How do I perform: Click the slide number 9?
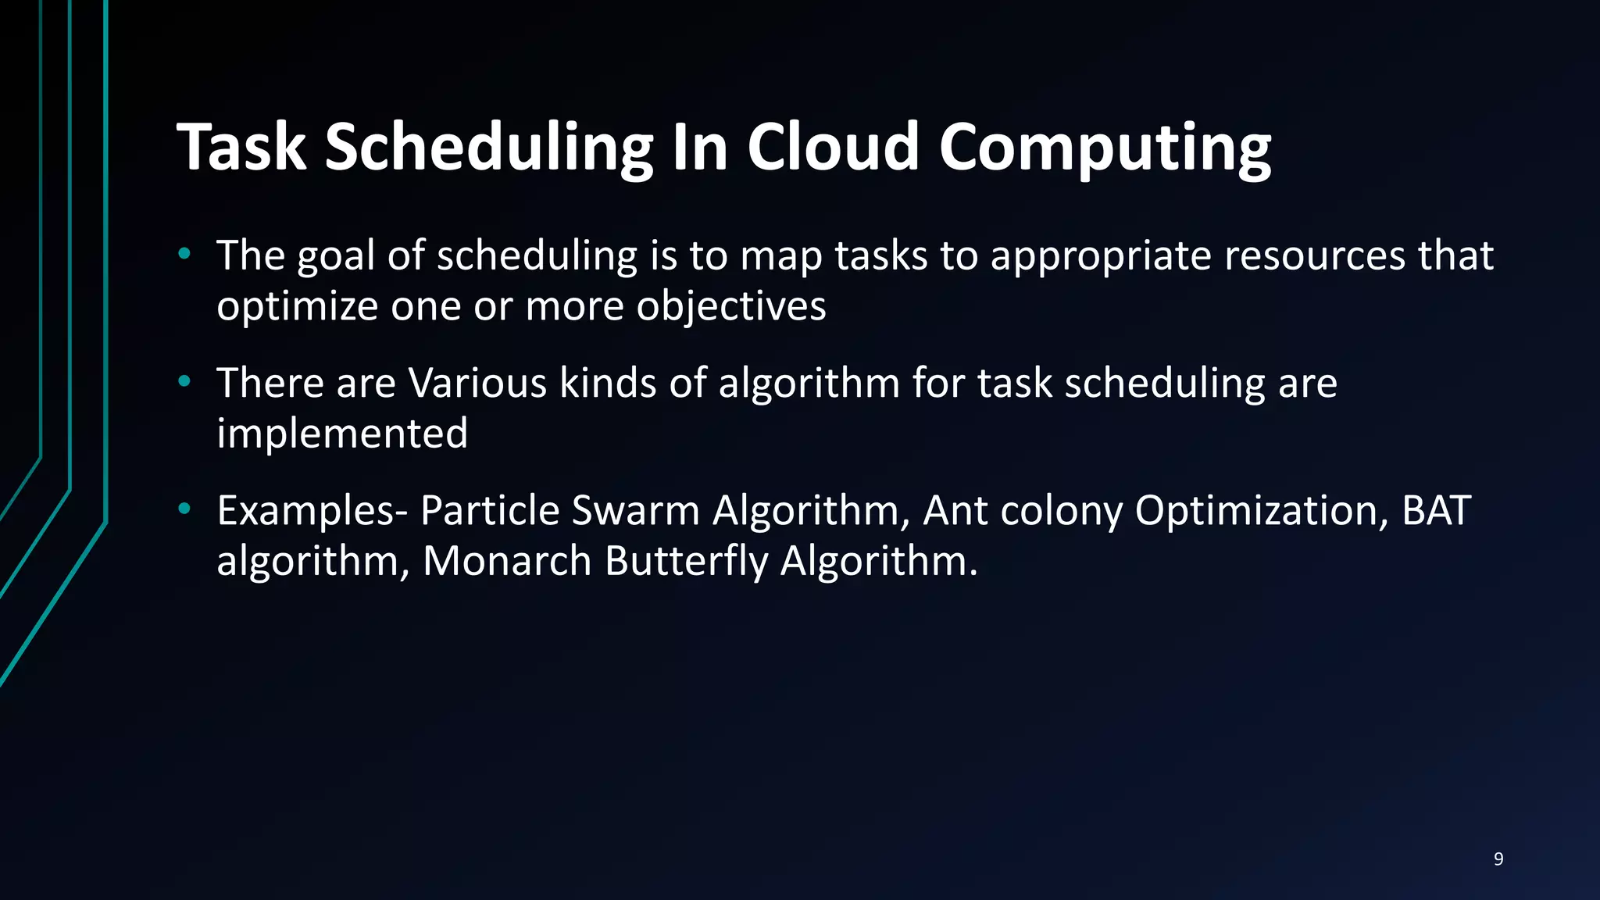pyautogui.click(x=1498, y=859)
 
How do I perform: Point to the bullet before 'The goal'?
pyautogui.click(x=184, y=253)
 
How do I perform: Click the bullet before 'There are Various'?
pyautogui.click(x=184, y=381)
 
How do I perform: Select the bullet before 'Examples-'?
pyautogui.click(x=184, y=509)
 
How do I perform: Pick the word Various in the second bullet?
pyautogui.click(x=477, y=383)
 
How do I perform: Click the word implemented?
pyautogui.click(x=342, y=433)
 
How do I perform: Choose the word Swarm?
pyautogui.click(x=634, y=510)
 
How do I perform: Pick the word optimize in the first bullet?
pyautogui.click(x=297, y=305)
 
